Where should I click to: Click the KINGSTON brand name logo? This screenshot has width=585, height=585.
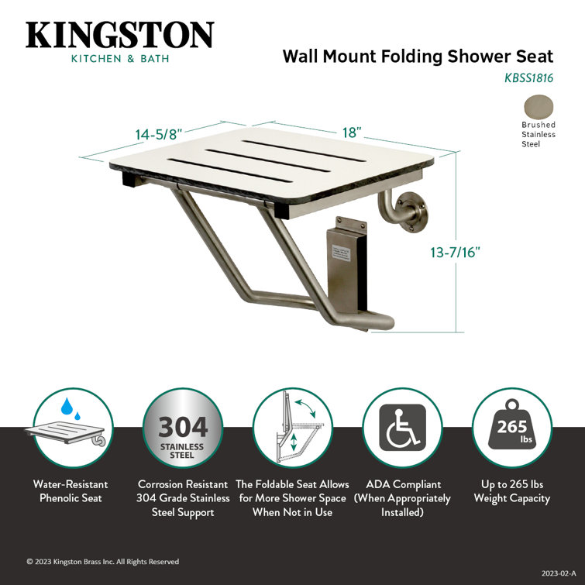tap(120, 36)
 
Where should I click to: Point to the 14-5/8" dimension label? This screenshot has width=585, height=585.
tap(159, 134)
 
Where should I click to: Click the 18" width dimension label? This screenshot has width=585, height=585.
tap(352, 132)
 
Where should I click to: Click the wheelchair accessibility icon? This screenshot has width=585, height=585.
tap(402, 428)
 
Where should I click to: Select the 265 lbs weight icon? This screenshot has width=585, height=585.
tap(511, 428)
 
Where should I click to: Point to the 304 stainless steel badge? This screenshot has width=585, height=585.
tap(183, 428)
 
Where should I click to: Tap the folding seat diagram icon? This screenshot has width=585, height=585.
tap(292, 428)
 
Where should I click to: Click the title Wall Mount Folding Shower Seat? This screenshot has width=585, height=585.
tap(418, 57)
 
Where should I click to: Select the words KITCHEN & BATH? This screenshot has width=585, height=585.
tap(120, 59)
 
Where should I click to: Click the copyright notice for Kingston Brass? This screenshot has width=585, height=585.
tap(103, 562)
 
